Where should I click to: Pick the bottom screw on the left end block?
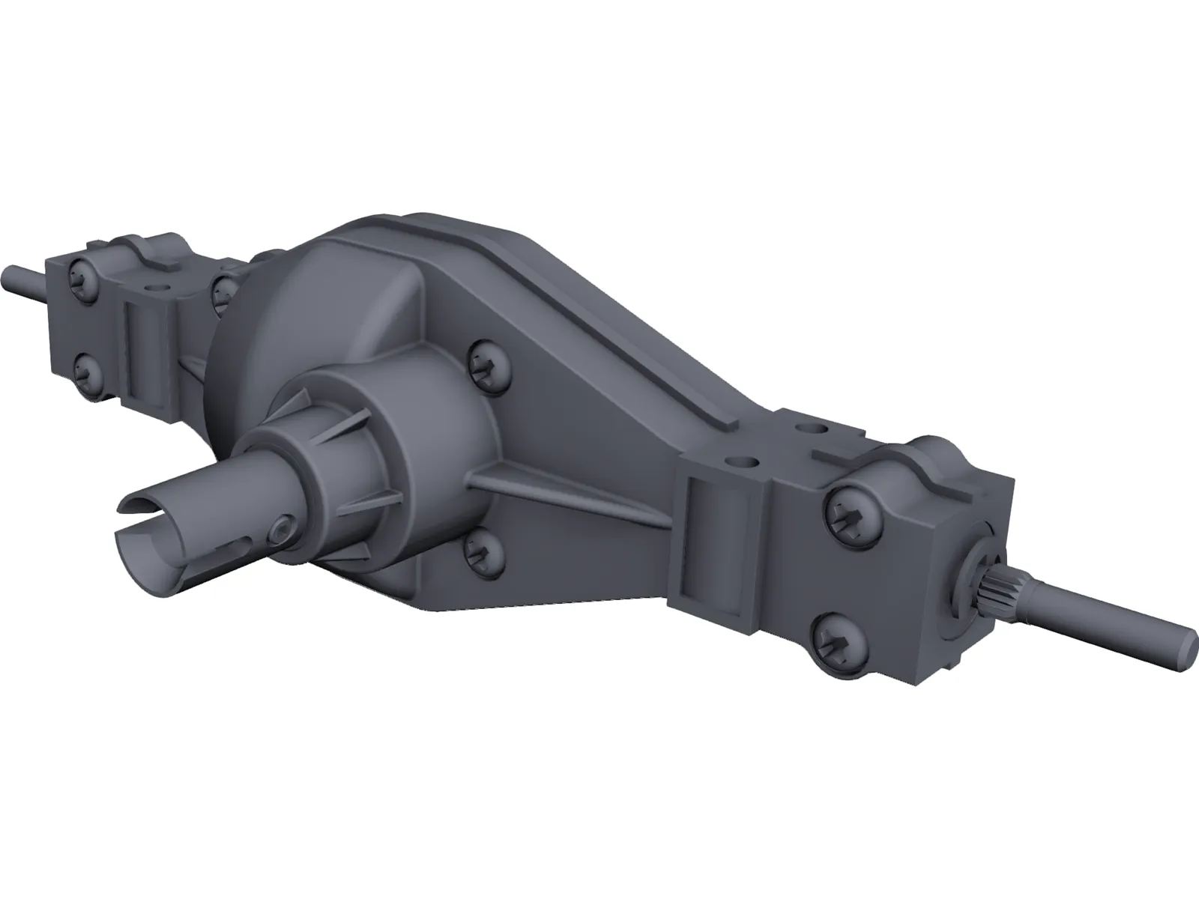pos(87,367)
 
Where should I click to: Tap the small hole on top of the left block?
pos(156,286)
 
